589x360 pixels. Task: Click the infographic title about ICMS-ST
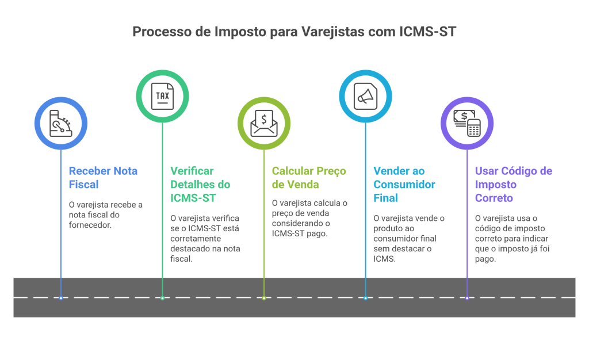[x=294, y=32]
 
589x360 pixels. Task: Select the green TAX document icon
[x=162, y=96]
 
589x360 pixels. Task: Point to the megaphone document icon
[x=365, y=96]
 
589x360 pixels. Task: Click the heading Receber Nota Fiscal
[x=103, y=178]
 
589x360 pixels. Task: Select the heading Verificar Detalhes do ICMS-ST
[x=200, y=185]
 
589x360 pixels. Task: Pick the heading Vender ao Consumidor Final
[x=404, y=185]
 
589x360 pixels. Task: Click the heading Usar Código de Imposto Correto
[x=513, y=185]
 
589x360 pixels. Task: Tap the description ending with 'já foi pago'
[x=511, y=238]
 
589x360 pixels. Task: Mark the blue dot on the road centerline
[x=61, y=298]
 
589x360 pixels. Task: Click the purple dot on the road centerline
[x=466, y=298]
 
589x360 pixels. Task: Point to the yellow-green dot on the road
[x=264, y=298]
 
